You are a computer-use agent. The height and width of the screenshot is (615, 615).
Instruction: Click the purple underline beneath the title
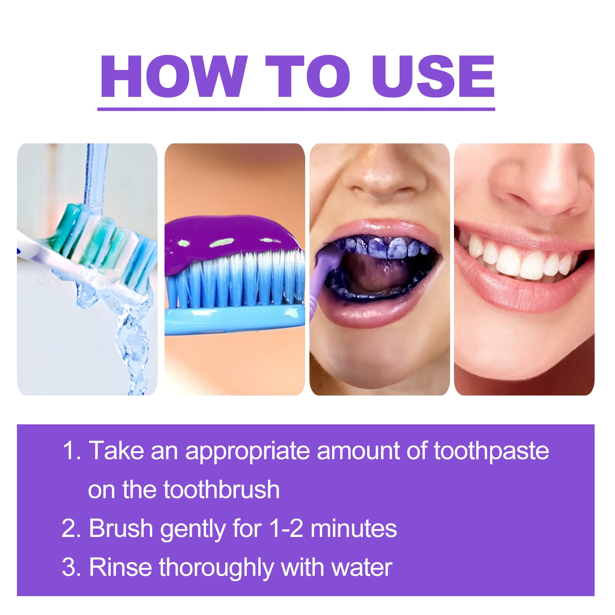[296, 110]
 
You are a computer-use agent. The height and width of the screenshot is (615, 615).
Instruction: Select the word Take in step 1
[116, 450]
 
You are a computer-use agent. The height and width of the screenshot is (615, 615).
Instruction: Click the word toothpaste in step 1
[491, 451]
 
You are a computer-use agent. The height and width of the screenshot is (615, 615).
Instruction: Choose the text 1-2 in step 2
[286, 528]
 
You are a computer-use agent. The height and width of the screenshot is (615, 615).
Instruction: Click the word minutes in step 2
[354, 529]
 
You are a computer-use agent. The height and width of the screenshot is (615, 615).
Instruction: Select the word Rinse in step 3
[120, 567]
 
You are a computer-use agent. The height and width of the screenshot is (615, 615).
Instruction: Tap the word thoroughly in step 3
[216, 568]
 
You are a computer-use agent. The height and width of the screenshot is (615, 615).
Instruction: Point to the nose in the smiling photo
[538, 184]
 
